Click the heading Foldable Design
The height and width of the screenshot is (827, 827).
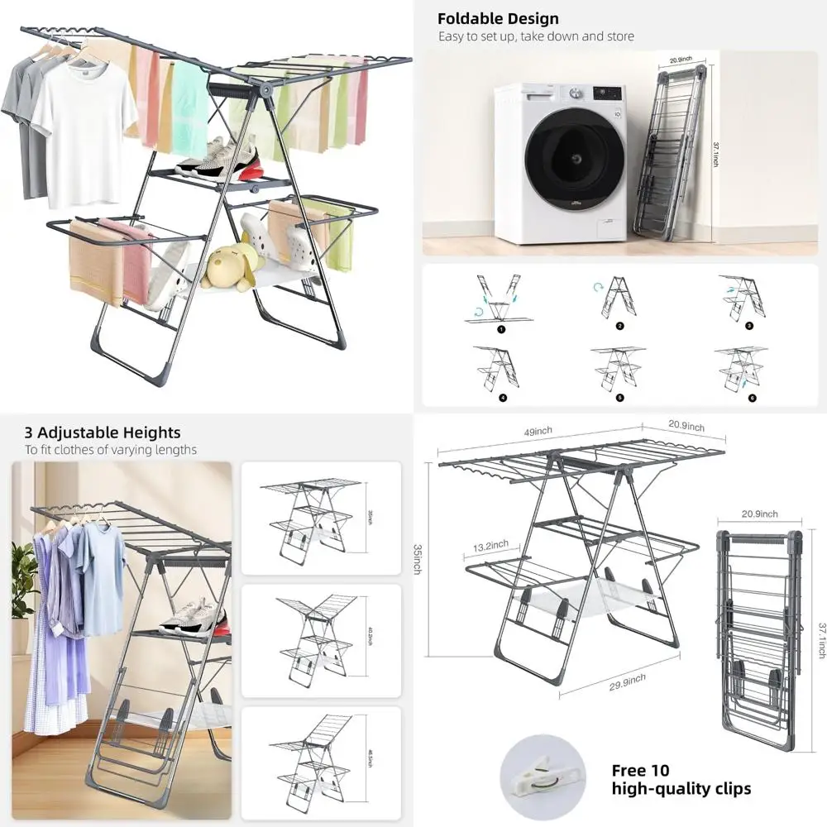click(498, 18)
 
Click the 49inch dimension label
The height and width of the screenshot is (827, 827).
click(537, 431)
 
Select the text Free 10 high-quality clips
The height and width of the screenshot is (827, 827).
click(681, 779)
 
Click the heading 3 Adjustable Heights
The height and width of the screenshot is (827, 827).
click(102, 433)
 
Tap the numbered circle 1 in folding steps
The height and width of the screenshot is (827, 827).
click(500, 328)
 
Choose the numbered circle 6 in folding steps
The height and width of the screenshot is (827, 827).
click(753, 398)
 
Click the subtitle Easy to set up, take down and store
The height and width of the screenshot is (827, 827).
click(536, 36)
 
